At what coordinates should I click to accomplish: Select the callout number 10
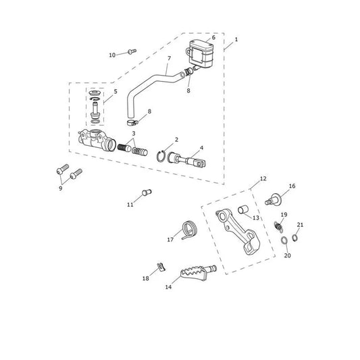(x=112, y=55)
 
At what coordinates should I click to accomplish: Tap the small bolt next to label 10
(x=132, y=51)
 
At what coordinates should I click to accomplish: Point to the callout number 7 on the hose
(x=170, y=58)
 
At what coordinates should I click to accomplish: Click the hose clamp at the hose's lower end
(x=132, y=123)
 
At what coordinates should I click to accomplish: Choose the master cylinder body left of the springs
(x=97, y=140)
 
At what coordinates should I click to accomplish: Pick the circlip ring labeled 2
(x=161, y=157)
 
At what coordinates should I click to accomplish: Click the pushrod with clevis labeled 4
(x=186, y=159)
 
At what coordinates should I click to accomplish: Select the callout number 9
(x=61, y=188)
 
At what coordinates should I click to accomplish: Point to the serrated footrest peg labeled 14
(x=198, y=273)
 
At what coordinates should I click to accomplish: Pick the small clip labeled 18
(x=161, y=267)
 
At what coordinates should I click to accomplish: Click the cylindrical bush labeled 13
(x=243, y=210)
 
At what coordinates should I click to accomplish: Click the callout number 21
(x=300, y=225)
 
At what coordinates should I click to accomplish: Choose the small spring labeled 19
(x=279, y=226)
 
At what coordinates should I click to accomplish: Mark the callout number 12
(x=263, y=178)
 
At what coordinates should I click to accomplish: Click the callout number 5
(x=115, y=91)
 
